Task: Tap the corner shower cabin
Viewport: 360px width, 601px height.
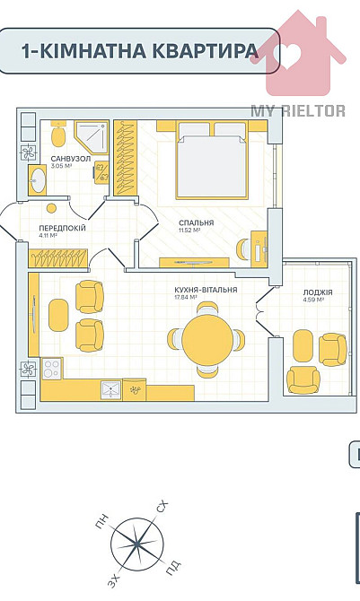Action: click(91, 137)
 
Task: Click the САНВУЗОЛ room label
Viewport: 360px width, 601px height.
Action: click(71, 159)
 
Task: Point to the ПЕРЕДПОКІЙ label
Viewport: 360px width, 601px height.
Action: click(62, 229)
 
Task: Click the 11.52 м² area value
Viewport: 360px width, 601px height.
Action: click(189, 231)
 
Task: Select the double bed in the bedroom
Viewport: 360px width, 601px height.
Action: click(212, 160)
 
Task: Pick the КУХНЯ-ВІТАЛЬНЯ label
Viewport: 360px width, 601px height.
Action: click(206, 290)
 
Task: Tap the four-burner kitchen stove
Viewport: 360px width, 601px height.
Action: click(52, 368)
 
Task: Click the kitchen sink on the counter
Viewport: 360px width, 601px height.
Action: click(111, 390)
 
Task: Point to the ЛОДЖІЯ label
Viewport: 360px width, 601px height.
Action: click(318, 292)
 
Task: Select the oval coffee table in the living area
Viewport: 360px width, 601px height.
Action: click(58, 315)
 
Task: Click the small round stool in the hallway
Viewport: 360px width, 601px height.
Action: click(51, 208)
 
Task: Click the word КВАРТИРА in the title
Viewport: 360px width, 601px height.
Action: click(206, 50)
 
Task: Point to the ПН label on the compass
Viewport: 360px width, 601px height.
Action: click(102, 522)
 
